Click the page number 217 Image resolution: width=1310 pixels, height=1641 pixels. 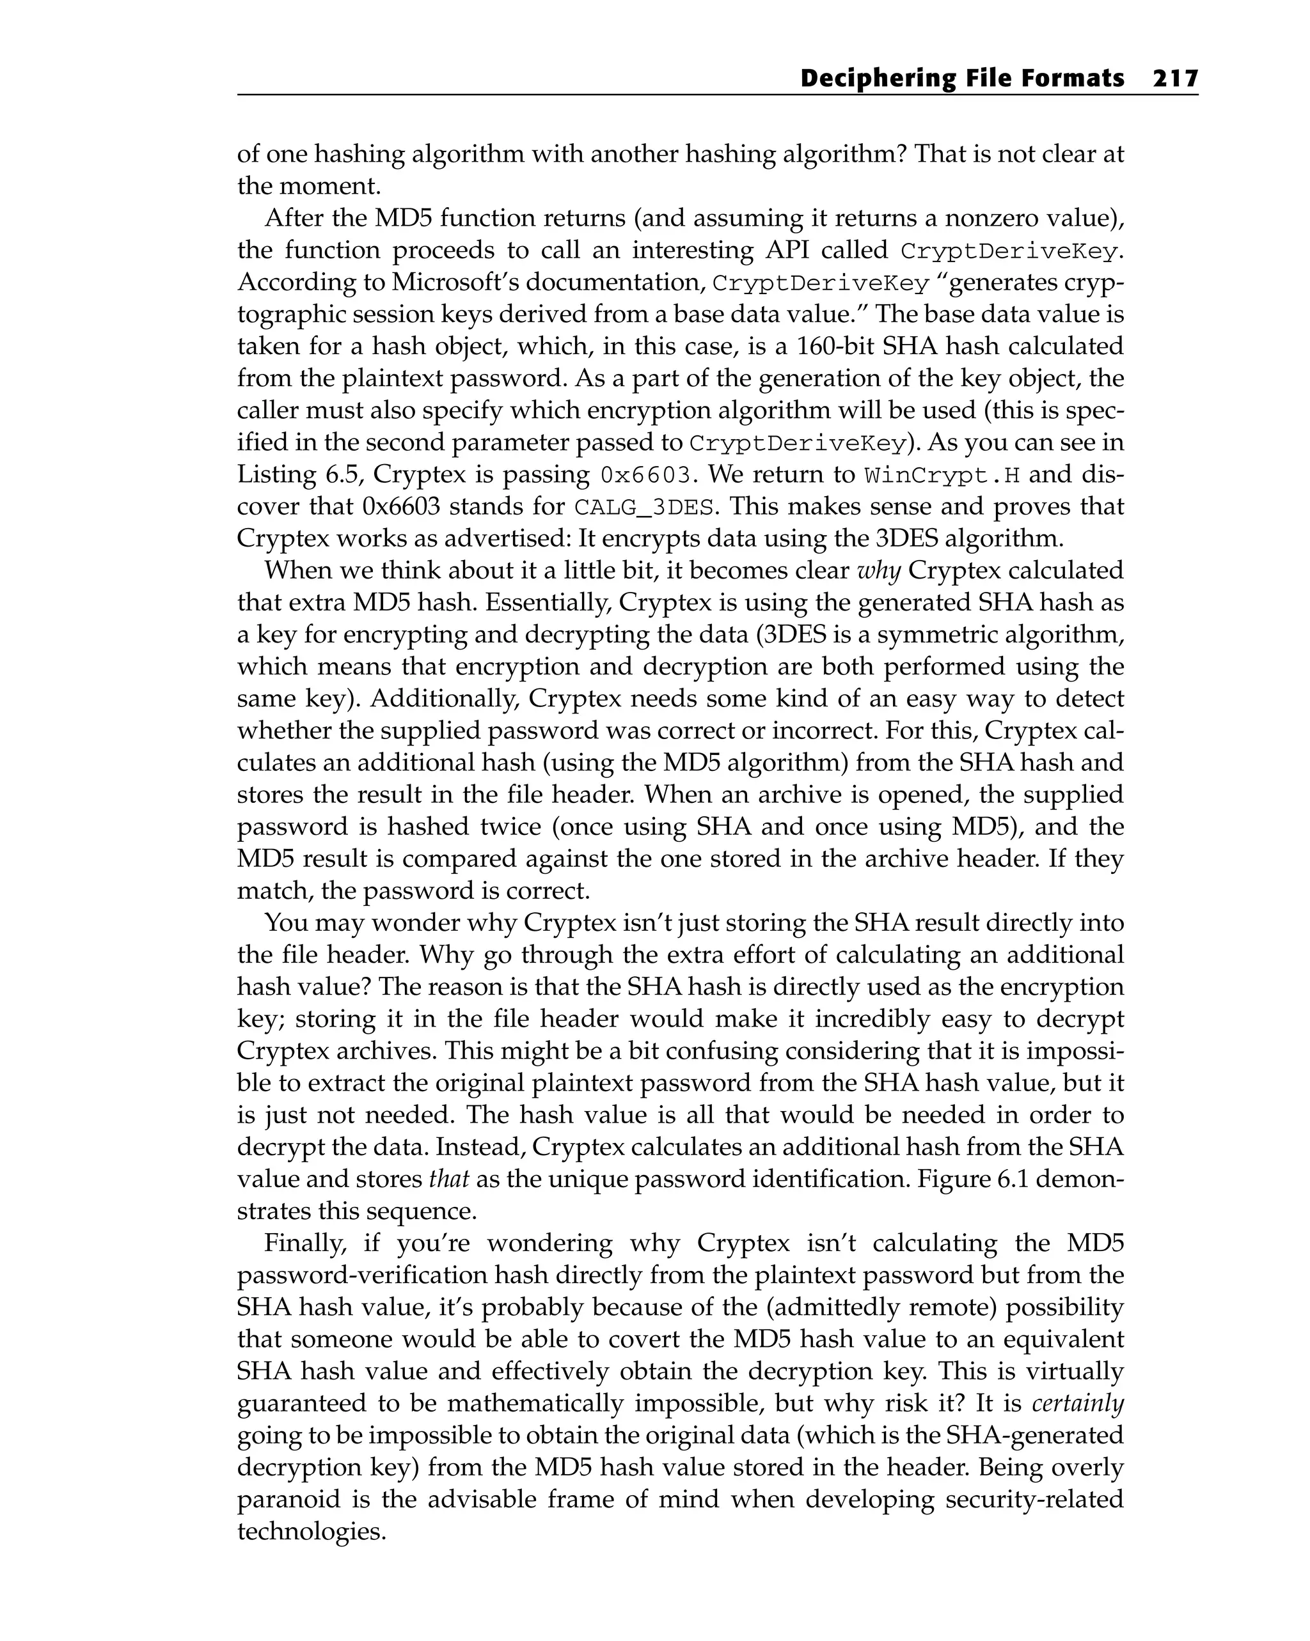pos(1175,79)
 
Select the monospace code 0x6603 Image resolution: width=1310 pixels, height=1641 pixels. pos(647,476)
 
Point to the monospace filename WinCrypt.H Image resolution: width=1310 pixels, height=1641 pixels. pos(943,476)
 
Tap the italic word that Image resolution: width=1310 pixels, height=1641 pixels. pos(448,1179)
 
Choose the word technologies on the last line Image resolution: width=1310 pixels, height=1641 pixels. pos(312,1530)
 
